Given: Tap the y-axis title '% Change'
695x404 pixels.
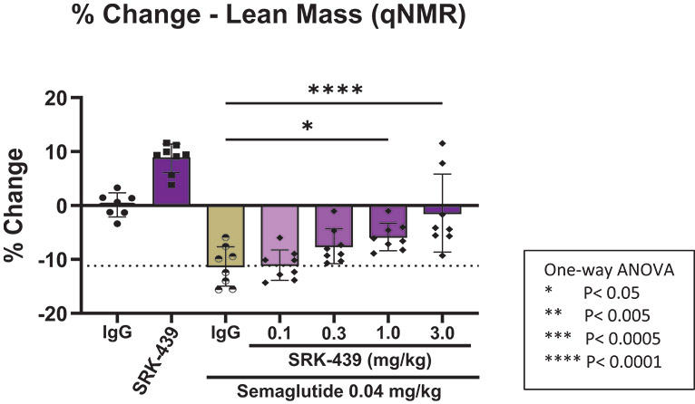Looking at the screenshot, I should click(x=17, y=206).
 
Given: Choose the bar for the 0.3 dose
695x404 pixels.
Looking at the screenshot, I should click(x=334, y=226).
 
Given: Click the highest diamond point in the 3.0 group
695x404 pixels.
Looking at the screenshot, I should click(x=443, y=143).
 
